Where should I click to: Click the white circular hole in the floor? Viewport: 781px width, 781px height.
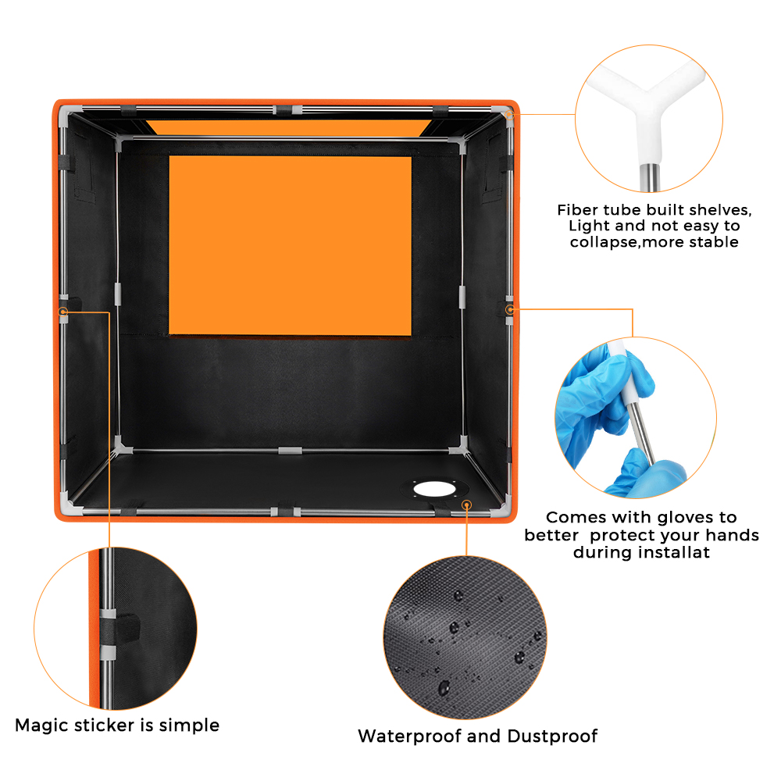tap(434, 489)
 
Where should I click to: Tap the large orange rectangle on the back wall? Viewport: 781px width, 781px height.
tap(291, 245)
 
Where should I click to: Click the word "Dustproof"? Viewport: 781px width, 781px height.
tap(552, 736)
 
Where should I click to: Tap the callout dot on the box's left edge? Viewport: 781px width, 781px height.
tap(63, 312)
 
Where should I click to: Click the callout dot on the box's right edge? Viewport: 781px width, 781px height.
tap(509, 310)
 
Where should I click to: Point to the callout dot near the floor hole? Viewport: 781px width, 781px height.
tap(467, 505)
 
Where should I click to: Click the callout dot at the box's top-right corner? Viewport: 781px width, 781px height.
tap(509, 115)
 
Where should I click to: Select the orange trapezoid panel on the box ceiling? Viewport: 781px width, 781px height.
tap(290, 127)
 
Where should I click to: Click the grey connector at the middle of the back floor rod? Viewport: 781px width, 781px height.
tap(290, 451)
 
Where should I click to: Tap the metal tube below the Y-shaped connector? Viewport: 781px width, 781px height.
tap(650, 177)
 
